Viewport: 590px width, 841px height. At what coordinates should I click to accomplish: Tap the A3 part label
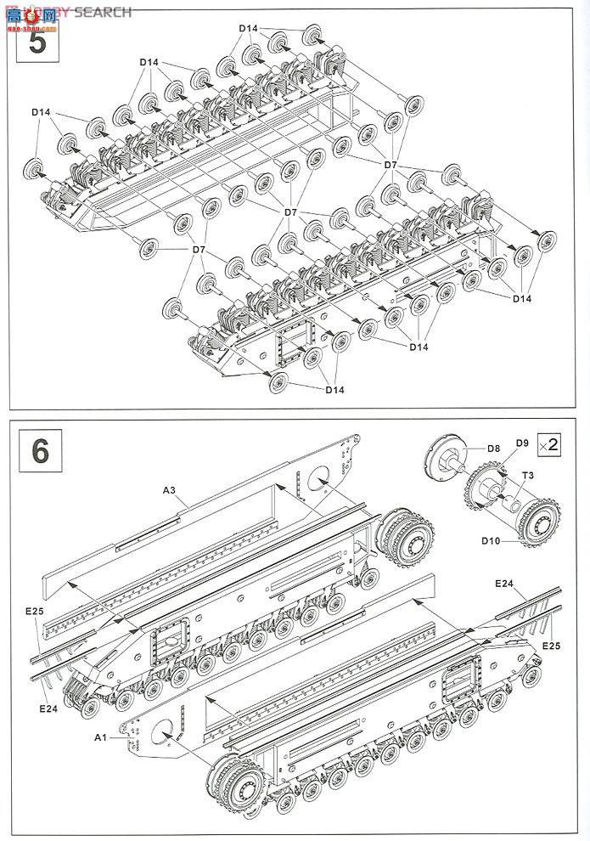[x=170, y=490]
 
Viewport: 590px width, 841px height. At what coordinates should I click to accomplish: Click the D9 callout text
[x=521, y=443]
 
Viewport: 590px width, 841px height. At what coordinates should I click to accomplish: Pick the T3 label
[x=527, y=476]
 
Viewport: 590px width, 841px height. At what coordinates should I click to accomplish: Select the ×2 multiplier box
[x=549, y=443]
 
